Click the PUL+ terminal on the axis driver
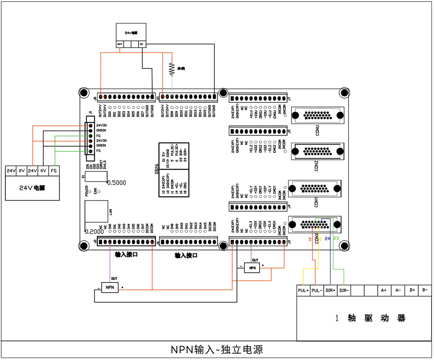pos(303,291)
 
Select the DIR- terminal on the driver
pos(344,291)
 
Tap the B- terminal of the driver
pos(425,291)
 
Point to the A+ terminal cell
pos(384,291)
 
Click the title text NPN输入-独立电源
pos(217,350)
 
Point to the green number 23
pos(336,239)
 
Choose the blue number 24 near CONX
pos(327,239)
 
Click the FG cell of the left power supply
pos(54,171)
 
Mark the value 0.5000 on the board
pos(116,183)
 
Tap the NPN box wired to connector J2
pos(110,287)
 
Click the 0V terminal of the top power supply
pos(142,44)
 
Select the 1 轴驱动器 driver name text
pos(370,318)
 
